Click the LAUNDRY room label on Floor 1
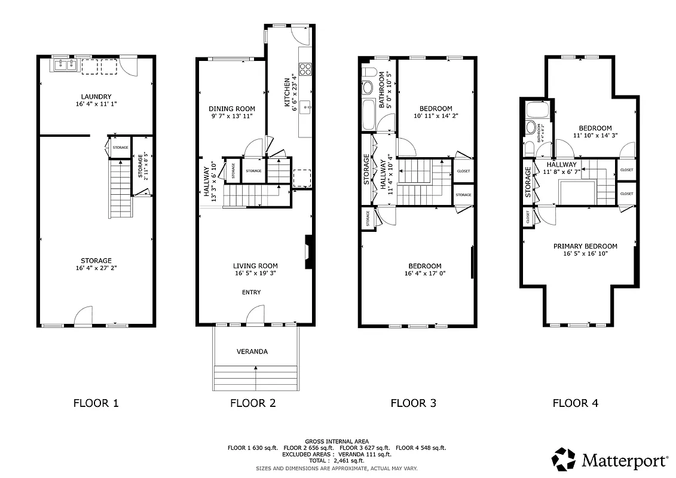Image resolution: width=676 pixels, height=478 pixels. (x=96, y=97)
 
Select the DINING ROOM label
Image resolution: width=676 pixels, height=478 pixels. (x=231, y=109)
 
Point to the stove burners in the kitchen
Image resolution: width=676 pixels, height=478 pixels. (x=305, y=69)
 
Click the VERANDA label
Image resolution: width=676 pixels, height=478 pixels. (x=252, y=351)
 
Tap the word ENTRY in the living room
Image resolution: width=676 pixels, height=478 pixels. (x=251, y=292)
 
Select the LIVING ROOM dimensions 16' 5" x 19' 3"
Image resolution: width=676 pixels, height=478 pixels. (x=255, y=274)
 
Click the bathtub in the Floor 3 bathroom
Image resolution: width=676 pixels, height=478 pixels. (x=369, y=115)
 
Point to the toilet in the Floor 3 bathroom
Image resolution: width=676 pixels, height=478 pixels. (x=368, y=86)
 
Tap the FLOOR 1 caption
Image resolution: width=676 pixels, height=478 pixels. (x=96, y=403)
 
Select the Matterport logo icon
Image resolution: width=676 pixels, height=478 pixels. (x=563, y=459)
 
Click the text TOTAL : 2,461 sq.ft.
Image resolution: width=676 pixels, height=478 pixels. (x=338, y=461)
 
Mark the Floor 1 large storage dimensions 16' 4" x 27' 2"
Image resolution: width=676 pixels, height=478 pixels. (x=96, y=269)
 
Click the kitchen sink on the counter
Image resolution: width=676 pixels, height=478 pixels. (x=305, y=108)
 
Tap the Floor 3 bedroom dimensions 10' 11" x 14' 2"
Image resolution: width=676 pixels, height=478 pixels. (x=435, y=117)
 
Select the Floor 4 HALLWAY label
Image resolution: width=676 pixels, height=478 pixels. (x=561, y=165)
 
